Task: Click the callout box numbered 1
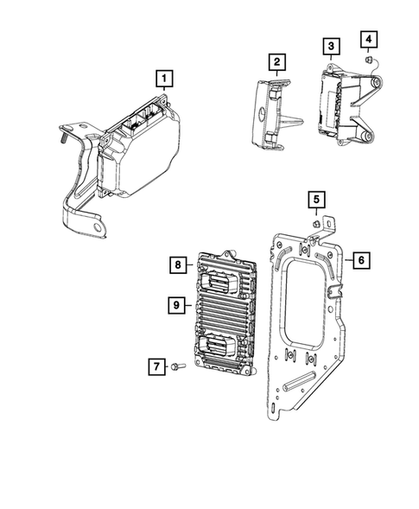point(162,80)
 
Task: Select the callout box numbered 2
point(276,62)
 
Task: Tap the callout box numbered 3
point(331,46)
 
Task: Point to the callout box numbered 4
point(368,39)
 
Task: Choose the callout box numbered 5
point(317,202)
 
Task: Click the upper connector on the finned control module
point(219,280)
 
